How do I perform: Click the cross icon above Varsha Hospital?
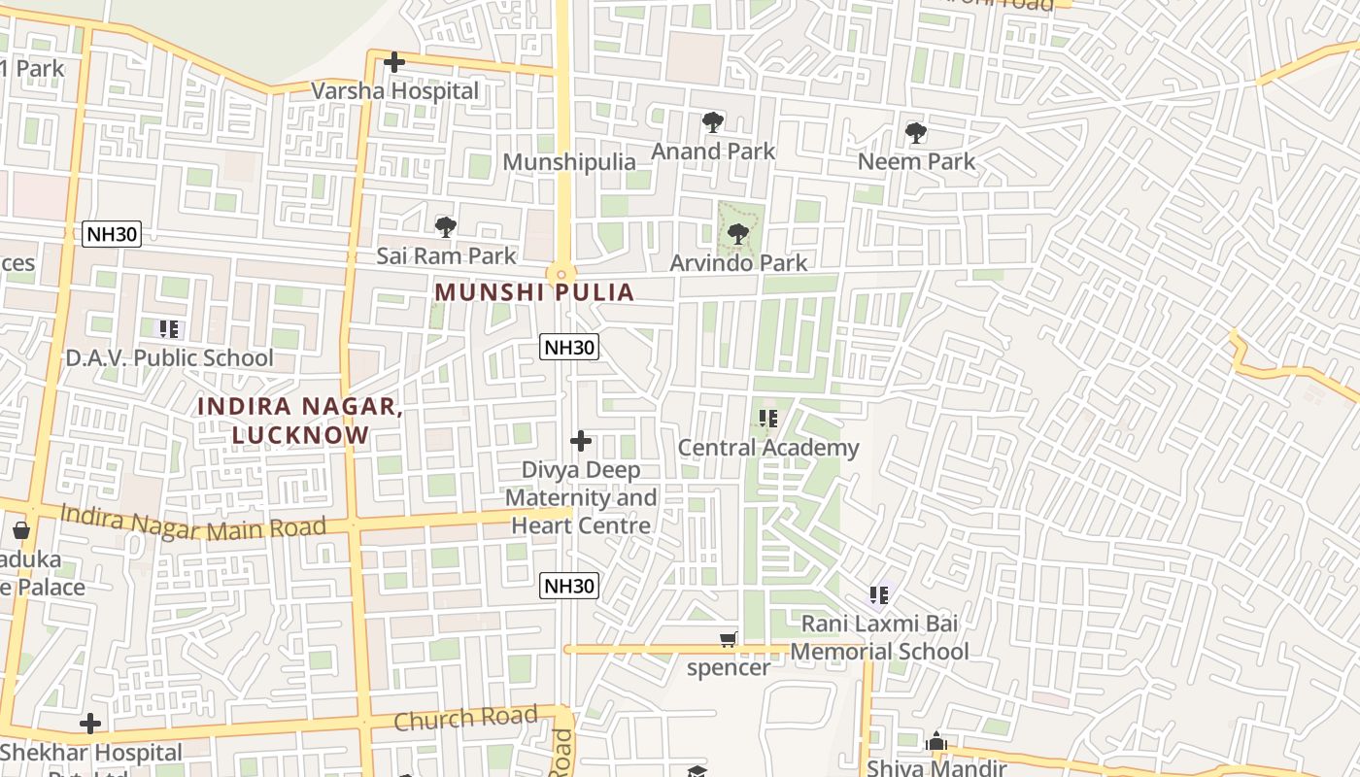[x=393, y=63]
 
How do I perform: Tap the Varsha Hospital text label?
[x=394, y=90]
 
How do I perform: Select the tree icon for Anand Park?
[x=712, y=122]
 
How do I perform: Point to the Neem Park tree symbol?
[x=915, y=133]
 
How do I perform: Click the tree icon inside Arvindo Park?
[x=738, y=234]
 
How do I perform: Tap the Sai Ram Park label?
[x=446, y=256]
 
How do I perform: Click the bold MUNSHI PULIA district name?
[x=534, y=292]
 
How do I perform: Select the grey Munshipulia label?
[x=569, y=162]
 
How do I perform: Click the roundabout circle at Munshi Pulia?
[x=561, y=275]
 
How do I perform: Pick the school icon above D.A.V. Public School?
[x=169, y=330]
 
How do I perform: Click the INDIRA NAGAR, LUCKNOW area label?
[x=300, y=420]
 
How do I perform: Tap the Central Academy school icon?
[x=768, y=420]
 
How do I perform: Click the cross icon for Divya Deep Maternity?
[x=581, y=442]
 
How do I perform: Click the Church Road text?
[x=465, y=720]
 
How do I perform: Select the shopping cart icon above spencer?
[x=728, y=639]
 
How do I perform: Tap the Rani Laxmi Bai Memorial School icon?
[x=879, y=594]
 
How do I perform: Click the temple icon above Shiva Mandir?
[x=936, y=743]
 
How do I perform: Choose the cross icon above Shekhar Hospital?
[x=90, y=724]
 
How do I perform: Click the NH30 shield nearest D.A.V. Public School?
[x=113, y=233]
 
